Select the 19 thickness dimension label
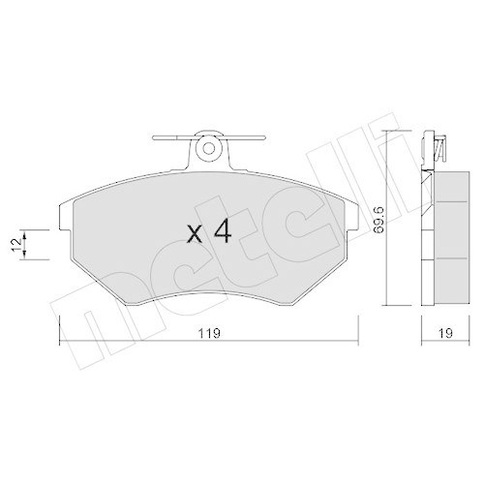pos(445,334)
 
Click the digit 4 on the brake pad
pos(221,233)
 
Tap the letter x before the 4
pos(195,235)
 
